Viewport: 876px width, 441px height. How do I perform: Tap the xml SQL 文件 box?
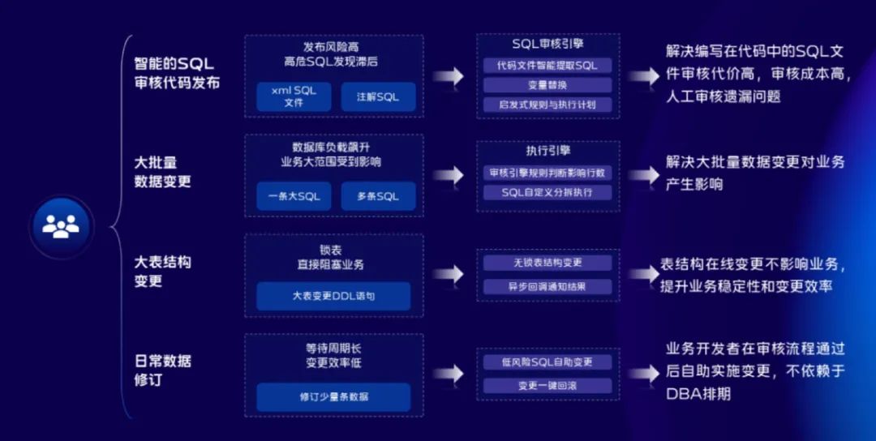tap(294, 96)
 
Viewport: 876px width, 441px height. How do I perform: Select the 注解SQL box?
tap(378, 96)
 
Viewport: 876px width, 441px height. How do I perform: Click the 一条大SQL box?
tap(294, 196)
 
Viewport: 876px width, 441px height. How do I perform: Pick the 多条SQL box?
tap(378, 196)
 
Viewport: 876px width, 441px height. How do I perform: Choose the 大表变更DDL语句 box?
tap(333, 297)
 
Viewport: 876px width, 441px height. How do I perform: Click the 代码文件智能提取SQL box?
tap(547, 66)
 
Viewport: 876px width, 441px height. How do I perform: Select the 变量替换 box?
tap(547, 85)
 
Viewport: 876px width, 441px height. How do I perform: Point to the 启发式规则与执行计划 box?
tap(547, 105)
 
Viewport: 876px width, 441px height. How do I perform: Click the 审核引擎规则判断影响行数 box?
tap(547, 173)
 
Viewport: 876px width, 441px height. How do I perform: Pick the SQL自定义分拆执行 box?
tap(547, 193)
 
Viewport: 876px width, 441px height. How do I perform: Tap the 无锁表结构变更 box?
tap(547, 263)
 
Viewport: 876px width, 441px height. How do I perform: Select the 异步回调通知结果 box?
tap(547, 286)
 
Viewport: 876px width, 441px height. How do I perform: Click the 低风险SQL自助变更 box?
tap(547, 362)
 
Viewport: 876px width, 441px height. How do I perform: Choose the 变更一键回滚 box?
tap(547, 386)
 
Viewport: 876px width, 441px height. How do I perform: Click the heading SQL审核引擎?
tap(547, 44)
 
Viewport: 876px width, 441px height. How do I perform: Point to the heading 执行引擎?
tap(547, 151)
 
